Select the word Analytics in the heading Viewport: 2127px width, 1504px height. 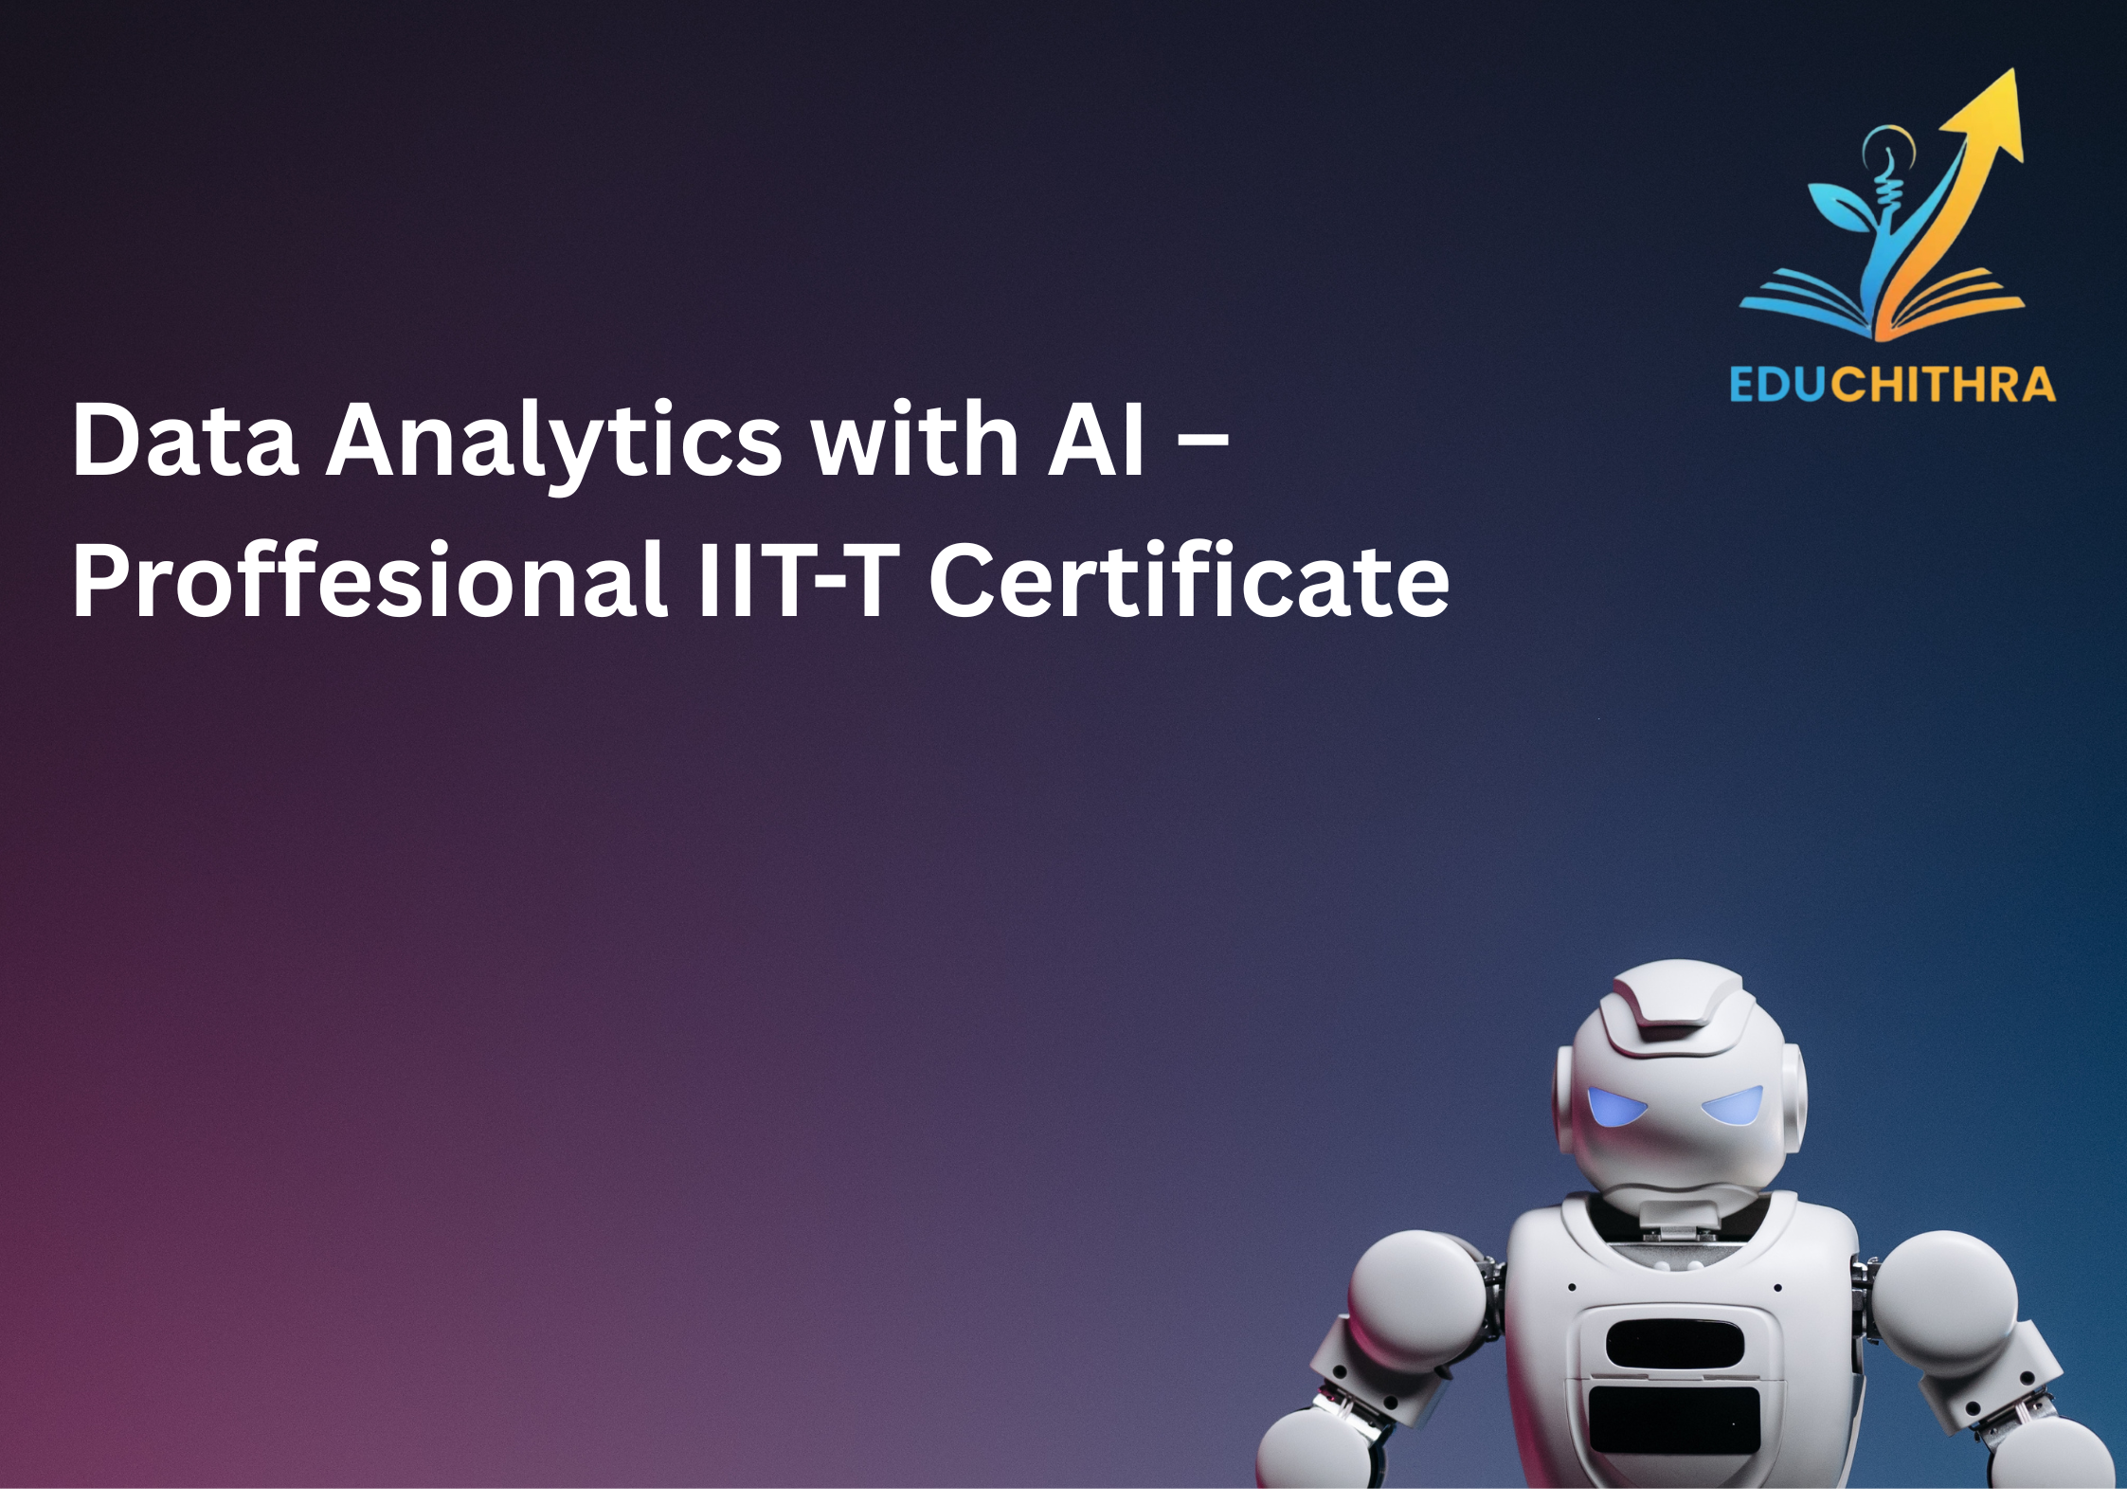pos(554,442)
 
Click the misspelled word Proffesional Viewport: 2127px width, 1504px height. pos(370,580)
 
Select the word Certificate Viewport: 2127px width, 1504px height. pos(1189,580)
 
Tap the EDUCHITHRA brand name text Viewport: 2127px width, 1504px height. pos(1892,385)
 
